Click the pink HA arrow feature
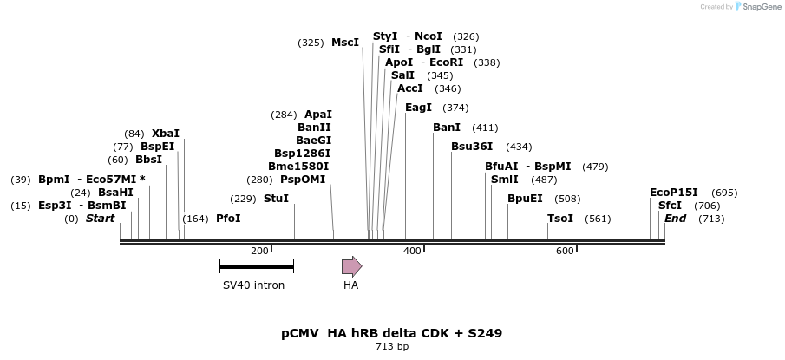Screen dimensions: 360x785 [351, 266]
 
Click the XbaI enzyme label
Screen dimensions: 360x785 [166, 134]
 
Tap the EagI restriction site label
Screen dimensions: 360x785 [418, 108]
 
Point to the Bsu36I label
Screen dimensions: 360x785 [472, 147]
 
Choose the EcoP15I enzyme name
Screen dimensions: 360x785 [674, 193]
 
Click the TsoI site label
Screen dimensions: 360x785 [560, 219]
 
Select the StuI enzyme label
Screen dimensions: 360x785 [276, 199]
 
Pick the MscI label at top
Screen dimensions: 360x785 [345, 43]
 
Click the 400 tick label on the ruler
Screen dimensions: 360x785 [412, 251]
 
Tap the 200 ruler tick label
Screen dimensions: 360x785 [259, 251]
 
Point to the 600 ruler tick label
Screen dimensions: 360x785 [565, 251]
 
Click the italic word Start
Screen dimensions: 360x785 [100, 219]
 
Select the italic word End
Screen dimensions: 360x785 [675, 219]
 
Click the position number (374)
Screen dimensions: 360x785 [455, 108]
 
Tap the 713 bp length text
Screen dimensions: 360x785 [391, 347]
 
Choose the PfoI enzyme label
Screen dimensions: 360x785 [228, 219]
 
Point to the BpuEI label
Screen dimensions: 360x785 [525, 199]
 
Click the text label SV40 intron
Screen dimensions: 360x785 [253, 285]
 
